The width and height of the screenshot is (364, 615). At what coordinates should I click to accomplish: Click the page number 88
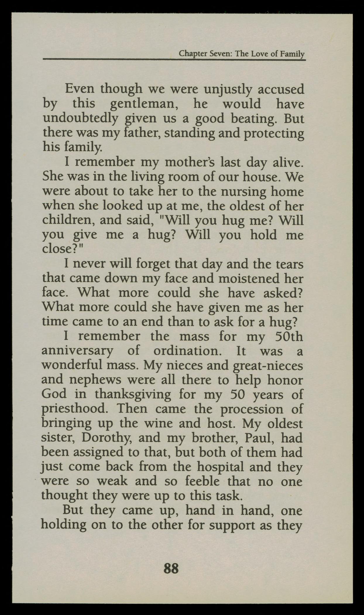tap(171, 569)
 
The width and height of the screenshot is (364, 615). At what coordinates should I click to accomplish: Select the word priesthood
tap(73, 409)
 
